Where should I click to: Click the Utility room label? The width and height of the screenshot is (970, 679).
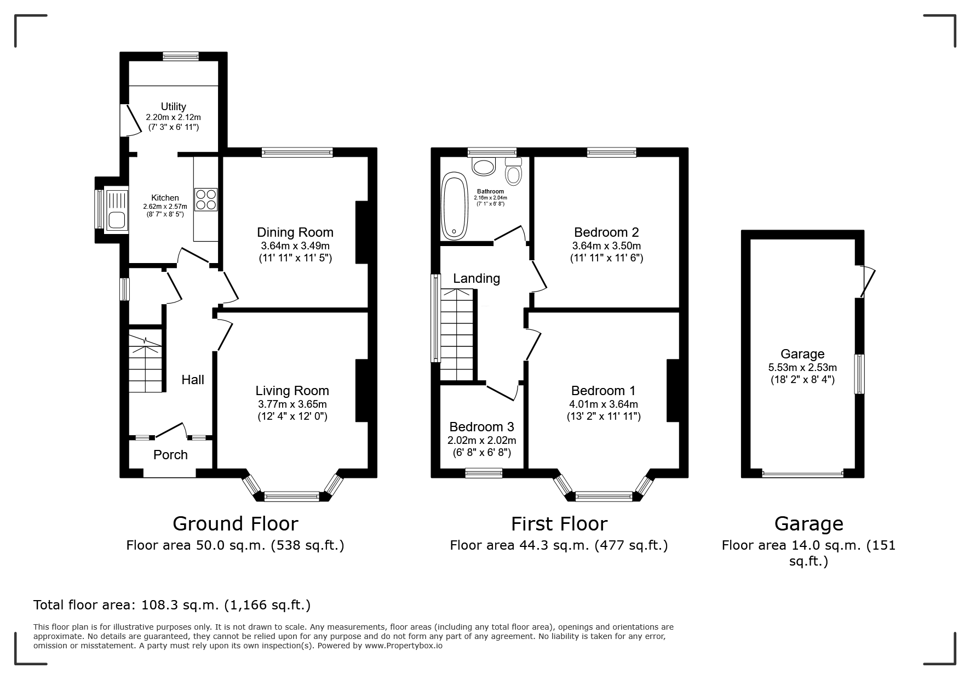(x=173, y=106)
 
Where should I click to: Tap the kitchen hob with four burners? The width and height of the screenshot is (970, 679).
(x=205, y=199)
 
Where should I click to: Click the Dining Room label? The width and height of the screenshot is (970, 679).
(x=295, y=232)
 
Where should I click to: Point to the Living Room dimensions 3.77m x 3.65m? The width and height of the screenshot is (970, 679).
(x=292, y=404)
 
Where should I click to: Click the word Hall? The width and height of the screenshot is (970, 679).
(x=193, y=380)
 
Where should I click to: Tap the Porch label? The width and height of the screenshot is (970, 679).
(x=170, y=455)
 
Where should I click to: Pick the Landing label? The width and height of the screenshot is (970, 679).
(x=477, y=278)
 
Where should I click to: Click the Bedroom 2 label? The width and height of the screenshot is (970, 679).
(x=606, y=232)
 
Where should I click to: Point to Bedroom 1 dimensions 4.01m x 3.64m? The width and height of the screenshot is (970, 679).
(x=604, y=404)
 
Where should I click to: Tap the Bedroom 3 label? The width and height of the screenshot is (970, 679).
(x=481, y=426)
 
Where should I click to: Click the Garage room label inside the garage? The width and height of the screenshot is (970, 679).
(x=802, y=354)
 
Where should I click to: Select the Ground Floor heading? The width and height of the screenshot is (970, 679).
(x=236, y=524)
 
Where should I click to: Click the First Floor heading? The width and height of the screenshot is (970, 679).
(x=559, y=524)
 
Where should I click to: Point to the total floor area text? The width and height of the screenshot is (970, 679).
(x=172, y=605)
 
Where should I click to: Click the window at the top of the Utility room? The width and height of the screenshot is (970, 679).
(x=180, y=55)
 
